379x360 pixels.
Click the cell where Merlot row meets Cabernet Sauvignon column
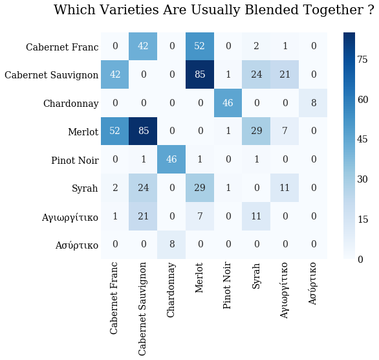[144, 131]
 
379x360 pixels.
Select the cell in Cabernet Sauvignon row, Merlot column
[200, 74]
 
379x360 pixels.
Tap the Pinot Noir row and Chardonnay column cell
[171, 160]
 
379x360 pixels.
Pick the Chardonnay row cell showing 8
[313, 103]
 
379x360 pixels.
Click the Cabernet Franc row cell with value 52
[200, 46]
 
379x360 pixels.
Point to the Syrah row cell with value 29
[200, 188]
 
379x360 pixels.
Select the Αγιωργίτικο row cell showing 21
[144, 217]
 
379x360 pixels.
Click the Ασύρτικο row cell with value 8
[171, 245]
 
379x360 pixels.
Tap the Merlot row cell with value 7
[285, 131]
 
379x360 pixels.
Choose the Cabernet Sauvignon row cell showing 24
[257, 74]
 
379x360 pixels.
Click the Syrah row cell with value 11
[285, 188]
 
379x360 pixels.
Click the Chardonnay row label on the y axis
[70, 104]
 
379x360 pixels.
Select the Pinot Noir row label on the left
[74, 161]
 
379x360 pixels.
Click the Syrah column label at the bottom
[257, 276]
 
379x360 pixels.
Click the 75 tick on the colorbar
[362, 60]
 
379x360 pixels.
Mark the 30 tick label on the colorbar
[362, 179]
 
